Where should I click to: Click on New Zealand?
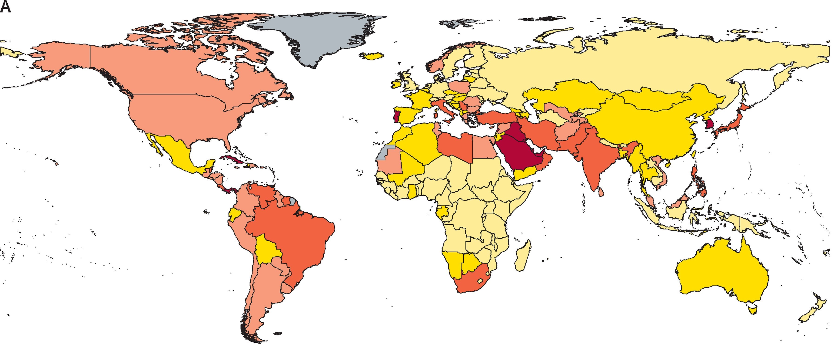tap(814, 308)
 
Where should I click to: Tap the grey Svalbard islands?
tap(455, 23)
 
